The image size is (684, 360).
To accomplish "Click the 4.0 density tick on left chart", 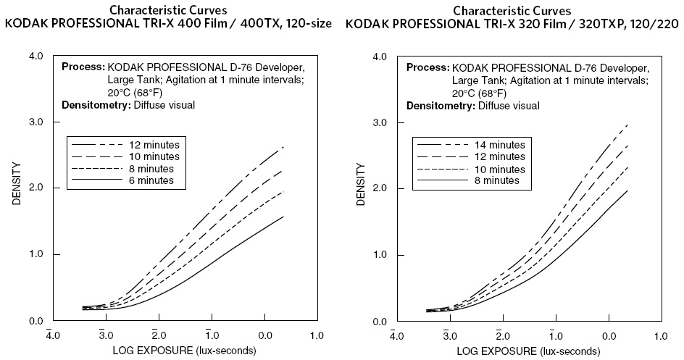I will click(36, 56).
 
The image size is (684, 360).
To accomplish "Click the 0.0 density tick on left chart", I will click(36, 321).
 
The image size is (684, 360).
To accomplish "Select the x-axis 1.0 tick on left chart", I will click(317, 336).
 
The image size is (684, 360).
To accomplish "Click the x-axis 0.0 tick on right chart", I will click(607, 336).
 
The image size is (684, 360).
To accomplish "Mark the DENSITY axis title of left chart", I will click(17, 188).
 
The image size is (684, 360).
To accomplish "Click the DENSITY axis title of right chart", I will click(361, 188).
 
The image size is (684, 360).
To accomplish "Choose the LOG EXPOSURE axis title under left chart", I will click(184, 351).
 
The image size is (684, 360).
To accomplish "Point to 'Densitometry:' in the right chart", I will click(440, 106).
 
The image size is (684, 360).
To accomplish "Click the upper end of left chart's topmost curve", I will click(283, 146).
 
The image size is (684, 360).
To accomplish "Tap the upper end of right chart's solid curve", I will click(627, 191).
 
